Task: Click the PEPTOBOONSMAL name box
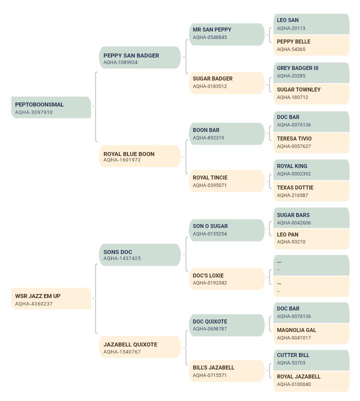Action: pyautogui.click(x=51, y=107)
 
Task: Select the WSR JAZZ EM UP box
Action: pyautogui.click(x=51, y=298)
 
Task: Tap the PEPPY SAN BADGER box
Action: pyautogui.click(x=140, y=57)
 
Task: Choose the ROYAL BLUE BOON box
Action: pyautogui.click(x=140, y=156)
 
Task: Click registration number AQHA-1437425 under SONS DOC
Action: pyautogui.click(x=122, y=258)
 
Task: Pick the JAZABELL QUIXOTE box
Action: pyautogui.click(x=140, y=347)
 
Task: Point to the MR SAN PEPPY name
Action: pyautogui.click(x=212, y=29)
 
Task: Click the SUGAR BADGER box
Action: pyautogui.click(x=227, y=83)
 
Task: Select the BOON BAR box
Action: pyautogui.click(x=227, y=134)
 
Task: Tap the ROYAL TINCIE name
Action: pyautogui.click(x=210, y=177)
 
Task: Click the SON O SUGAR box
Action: pyautogui.click(x=227, y=230)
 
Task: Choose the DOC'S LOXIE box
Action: pyautogui.click(x=227, y=279)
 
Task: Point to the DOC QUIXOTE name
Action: pyautogui.click(x=210, y=321)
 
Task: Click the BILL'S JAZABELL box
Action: pyautogui.click(x=227, y=371)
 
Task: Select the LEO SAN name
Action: pyautogui.click(x=287, y=20)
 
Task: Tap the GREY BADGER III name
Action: pyautogui.click(x=297, y=68)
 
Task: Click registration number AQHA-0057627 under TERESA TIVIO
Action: pyautogui.click(x=294, y=146)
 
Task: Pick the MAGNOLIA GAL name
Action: pyautogui.click(x=296, y=330)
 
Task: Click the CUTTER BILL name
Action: pyautogui.click(x=293, y=355)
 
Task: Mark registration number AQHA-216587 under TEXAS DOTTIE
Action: pyautogui.click(x=292, y=195)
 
